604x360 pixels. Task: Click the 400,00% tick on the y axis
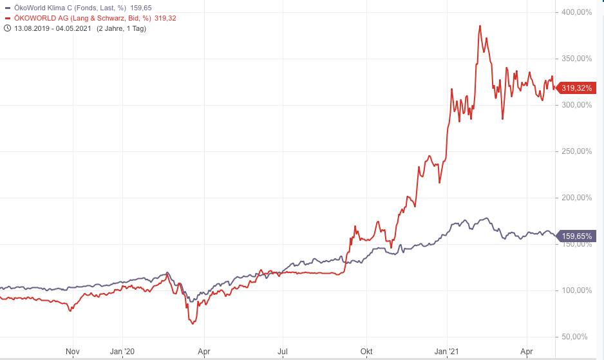(x=576, y=12)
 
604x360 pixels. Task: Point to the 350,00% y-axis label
(x=576, y=59)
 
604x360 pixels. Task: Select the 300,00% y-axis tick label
(x=576, y=105)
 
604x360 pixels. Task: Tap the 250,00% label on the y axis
(x=576, y=151)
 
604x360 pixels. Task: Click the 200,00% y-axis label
(x=576, y=198)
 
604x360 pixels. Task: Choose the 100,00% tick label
(x=576, y=290)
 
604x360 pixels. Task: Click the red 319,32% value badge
(x=576, y=88)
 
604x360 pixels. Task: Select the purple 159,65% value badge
(x=576, y=236)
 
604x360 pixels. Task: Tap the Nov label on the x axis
(x=73, y=352)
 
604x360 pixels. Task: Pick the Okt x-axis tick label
(x=366, y=352)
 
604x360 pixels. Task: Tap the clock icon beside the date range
(x=7, y=28)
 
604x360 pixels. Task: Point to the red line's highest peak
(x=480, y=26)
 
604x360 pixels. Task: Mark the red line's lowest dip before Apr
(x=193, y=323)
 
